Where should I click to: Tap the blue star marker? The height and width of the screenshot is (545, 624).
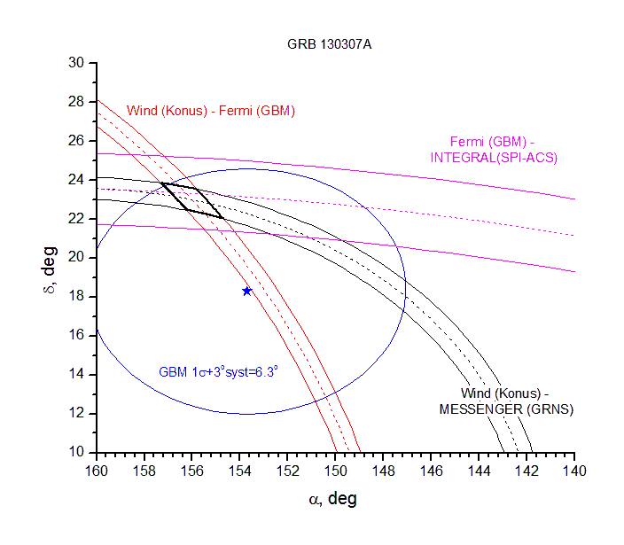(246, 291)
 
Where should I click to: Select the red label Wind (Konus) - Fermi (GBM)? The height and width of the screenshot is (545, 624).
(211, 111)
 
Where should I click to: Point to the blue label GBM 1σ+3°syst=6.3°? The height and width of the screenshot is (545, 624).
(218, 372)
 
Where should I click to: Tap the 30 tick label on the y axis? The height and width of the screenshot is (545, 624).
(77, 63)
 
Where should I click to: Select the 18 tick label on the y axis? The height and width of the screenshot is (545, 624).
(77, 296)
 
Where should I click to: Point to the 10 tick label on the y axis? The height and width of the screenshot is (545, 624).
(77, 452)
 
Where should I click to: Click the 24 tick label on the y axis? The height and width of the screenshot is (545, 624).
(77, 180)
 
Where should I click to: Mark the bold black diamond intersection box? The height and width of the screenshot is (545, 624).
(192, 199)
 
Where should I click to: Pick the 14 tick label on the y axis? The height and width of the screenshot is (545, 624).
(77, 374)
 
